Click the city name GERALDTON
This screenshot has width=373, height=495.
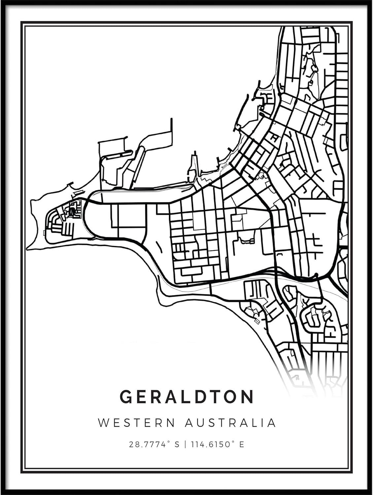point(187,397)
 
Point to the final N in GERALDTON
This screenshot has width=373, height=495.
point(248,397)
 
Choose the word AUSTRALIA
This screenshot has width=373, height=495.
point(230,423)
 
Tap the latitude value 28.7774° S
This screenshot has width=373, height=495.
point(154,445)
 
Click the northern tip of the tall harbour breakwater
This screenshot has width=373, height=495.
point(171,119)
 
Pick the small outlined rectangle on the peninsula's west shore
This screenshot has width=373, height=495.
point(44,233)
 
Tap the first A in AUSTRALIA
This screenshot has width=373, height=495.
point(188,423)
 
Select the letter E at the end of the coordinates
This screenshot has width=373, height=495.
point(242,445)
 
